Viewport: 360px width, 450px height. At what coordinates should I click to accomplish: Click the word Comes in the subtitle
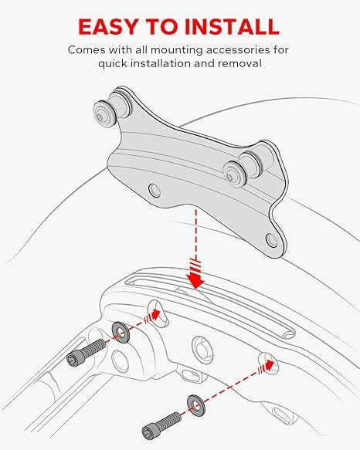tap(84, 49)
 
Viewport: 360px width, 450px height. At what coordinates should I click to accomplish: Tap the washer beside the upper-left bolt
tap(121, 333)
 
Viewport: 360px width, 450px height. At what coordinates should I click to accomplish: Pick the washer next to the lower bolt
tap(192, 404)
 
